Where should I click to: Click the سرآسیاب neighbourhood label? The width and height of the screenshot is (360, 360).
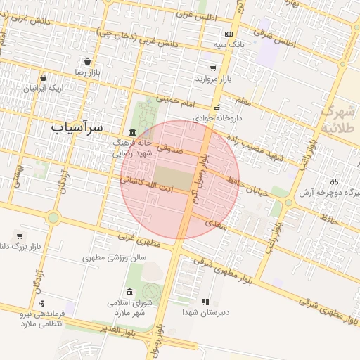pos(77,128)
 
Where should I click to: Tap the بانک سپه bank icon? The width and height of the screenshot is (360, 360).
pos(229,34)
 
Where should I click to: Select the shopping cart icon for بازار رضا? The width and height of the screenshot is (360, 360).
pos(87,61)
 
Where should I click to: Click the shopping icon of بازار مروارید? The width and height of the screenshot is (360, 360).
pos(213,68)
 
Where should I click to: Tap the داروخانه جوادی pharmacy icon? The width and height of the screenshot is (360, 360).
pos(217,108)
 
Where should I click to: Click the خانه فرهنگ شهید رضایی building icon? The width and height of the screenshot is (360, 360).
pos(133,133)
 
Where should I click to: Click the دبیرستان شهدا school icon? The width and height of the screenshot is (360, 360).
pos(205,302)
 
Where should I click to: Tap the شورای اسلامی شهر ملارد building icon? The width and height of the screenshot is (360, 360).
pos(129,292)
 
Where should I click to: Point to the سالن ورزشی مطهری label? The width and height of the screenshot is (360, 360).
pos(114,258)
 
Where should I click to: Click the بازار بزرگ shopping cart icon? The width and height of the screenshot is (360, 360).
pos(19,236)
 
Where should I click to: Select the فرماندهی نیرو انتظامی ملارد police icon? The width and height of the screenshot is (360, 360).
pos(41,303)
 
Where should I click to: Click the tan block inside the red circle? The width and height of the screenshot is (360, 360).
pos(172,178)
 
